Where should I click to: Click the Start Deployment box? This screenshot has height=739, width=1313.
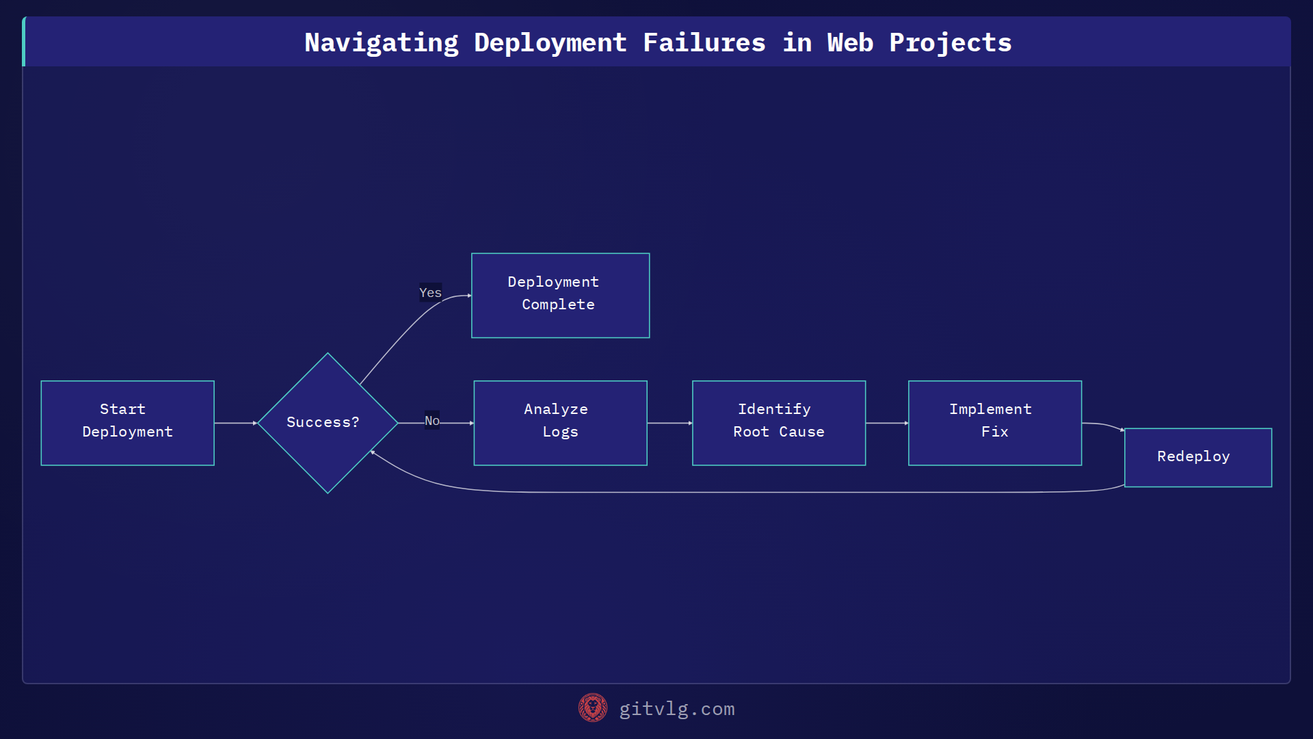click(127, 423)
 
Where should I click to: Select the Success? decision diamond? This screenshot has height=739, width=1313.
click(327, 423)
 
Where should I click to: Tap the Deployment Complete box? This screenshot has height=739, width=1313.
click(560, 295)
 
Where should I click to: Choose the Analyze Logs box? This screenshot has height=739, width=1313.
click(560, 423)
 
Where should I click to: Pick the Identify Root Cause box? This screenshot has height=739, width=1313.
click(778, 423)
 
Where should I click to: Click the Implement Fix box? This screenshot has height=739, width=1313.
click(994, 423)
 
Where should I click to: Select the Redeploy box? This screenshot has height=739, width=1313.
click(1197, 457)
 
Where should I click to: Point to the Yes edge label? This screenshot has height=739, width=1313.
click(430, 293)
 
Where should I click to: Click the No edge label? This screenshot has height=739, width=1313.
click(432, 421)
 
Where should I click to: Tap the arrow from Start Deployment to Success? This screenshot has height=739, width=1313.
click(235, 423)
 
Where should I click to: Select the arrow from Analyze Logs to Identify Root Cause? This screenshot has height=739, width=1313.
click(669, 423)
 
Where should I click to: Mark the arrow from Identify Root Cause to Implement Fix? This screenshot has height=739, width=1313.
click(886, 423)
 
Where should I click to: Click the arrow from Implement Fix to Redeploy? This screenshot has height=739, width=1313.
click(1102, 425)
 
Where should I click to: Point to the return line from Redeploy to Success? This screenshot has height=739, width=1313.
click(752, 492)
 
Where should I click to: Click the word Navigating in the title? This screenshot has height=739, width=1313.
click(381, 42)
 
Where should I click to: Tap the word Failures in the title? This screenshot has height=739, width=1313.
click(704, 42)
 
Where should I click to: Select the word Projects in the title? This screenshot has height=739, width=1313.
click(950, 42)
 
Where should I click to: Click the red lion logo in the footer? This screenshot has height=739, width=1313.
click(592, 708)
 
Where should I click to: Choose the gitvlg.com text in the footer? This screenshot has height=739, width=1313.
click(676, 709)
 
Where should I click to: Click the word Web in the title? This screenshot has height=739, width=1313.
click(850, 42)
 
